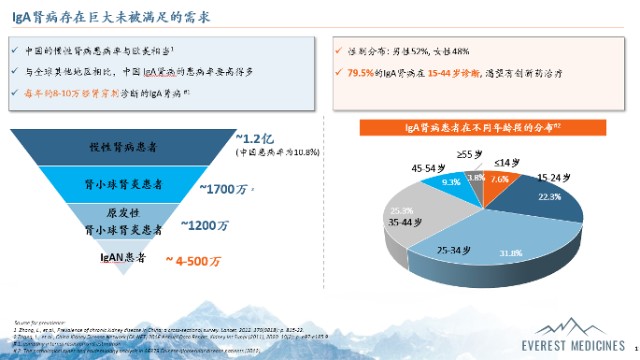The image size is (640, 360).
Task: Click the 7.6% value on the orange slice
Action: click(x=500, y=179)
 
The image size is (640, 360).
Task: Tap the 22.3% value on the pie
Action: click(x=549, y=198)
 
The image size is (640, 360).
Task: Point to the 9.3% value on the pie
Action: click(x=451, y=183)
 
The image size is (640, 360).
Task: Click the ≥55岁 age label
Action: click(x=470, y=153)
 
